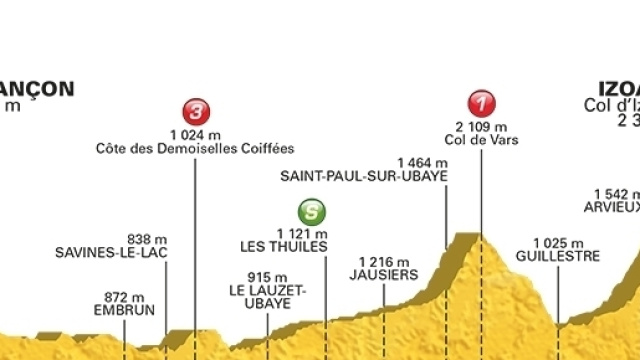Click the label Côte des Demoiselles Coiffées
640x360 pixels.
195,149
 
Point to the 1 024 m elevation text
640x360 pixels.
195,134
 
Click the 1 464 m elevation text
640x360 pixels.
421,160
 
